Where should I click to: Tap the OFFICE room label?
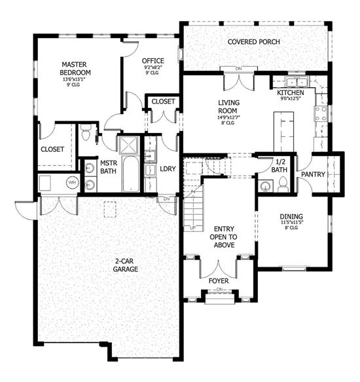pos(153,61)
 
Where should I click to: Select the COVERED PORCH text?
pos(254,42)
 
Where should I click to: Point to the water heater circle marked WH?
pos(72,181)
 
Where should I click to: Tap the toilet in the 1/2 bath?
pos(282,186)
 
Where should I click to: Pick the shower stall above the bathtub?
pos(128,144)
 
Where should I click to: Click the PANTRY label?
pos(314,174)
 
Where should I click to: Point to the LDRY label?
pos(168,168)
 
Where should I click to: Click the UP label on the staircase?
pos(192,228)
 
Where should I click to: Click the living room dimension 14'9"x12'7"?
pos(229,118)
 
